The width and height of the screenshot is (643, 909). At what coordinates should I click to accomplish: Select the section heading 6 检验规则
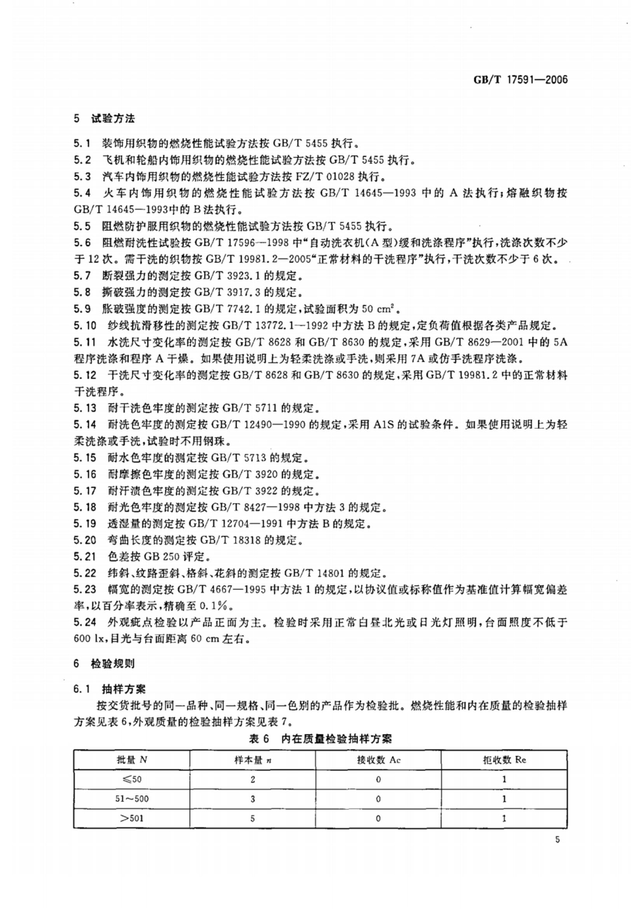(x=104, y=664)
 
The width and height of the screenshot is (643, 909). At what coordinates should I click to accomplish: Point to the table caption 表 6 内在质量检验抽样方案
(x=320, y=739)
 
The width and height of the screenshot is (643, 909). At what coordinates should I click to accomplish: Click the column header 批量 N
(x=132, y=760)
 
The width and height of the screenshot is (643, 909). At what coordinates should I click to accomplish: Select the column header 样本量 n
(x=252, y=760)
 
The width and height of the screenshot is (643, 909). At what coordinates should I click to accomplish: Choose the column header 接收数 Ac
(x=378, y=760)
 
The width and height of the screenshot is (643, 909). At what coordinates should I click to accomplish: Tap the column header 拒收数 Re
(x=504, y=760)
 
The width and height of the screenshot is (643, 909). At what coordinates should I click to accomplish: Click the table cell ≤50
(x=132, y=779)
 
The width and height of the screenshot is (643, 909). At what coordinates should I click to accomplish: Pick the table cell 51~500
(x=132, y=799)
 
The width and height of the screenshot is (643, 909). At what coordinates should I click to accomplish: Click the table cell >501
(x=132, y=818)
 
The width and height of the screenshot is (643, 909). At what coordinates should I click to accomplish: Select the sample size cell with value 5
(x=252, y=818)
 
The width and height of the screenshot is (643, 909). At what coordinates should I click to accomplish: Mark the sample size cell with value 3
(x=252, y=799)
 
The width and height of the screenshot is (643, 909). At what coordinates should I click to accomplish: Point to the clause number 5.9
(x=83, y=309)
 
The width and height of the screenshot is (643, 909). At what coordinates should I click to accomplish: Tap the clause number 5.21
(x=85, y=556)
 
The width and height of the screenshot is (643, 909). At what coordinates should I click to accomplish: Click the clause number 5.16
(x=85, y=474)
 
